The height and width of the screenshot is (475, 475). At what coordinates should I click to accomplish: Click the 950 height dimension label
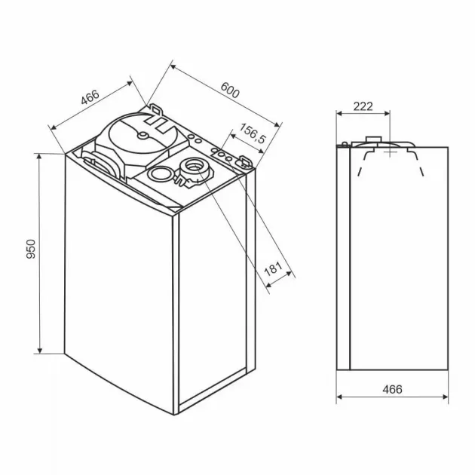pos(31,249)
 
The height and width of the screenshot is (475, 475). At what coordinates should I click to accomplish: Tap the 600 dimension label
pos(230,90)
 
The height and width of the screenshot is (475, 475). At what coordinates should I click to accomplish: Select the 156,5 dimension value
pos(253,133)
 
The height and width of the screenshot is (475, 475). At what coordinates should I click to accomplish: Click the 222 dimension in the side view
pos(363,106)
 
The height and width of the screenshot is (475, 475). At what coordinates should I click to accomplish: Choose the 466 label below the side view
pos(392,389)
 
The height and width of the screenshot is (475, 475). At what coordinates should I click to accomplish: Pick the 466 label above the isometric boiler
pos(90,97)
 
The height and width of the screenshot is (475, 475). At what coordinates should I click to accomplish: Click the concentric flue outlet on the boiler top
pos(193,167)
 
